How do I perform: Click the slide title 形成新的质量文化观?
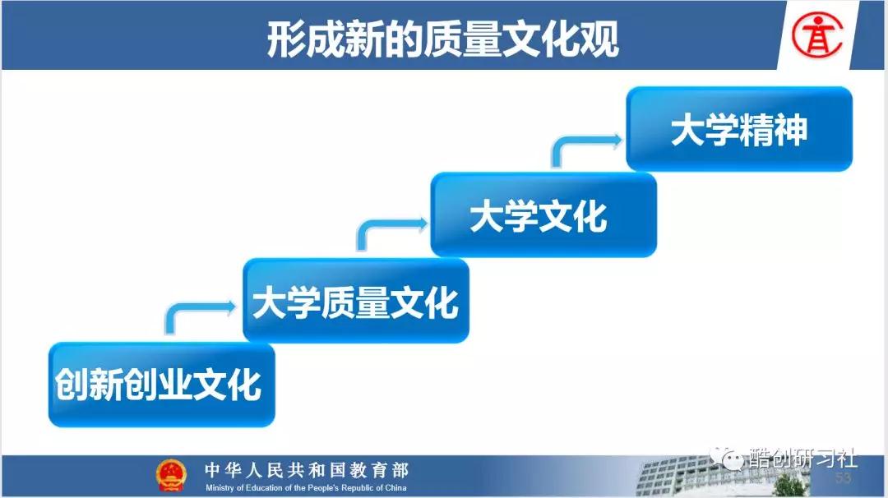(x=442, y=39)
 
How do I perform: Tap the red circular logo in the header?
(x=816, y=35)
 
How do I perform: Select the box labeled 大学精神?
(x=739, y=129)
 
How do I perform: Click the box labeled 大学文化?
(x=543, y=215)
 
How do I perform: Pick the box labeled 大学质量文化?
(x=356, y=301)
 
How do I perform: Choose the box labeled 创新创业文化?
(x=162, y=385)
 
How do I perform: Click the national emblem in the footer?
(x=171, y=475)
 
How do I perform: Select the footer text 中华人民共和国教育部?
(x=307, y=470)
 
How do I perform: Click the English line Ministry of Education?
(x=306, y=488)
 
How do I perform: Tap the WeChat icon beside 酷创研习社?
(x=728, y=458)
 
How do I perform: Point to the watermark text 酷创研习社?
(x=802, y=458)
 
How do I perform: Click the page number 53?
(x=843, y=478)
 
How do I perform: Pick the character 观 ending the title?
(x=599, y=39)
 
